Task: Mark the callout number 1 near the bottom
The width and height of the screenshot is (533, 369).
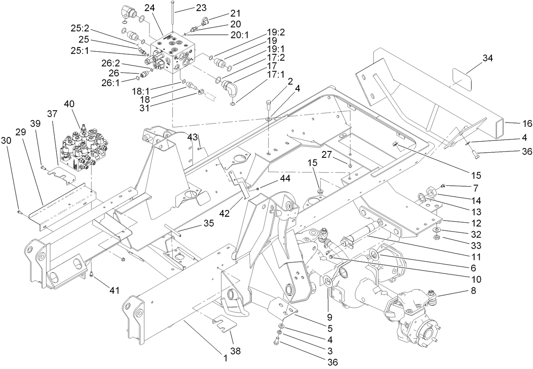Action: pos(226,358)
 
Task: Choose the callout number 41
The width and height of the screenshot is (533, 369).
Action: pos(114,291)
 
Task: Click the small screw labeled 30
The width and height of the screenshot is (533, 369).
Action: pos(19,210)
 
